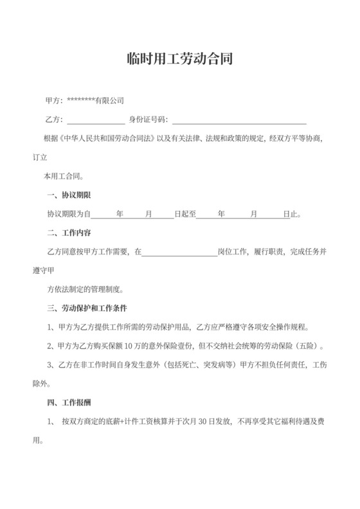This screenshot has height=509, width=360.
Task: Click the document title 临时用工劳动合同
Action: (x=179, y=60)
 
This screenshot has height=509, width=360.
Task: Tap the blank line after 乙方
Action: (x=96, y=120)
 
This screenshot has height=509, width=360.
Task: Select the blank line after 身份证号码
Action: (x=239, y=120)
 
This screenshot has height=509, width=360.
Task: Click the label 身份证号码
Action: (x=148, y=120)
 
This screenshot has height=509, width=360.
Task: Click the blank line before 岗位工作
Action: (x=179, y=251)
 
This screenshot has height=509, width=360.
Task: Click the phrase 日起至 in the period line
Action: (x=184, y=213)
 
